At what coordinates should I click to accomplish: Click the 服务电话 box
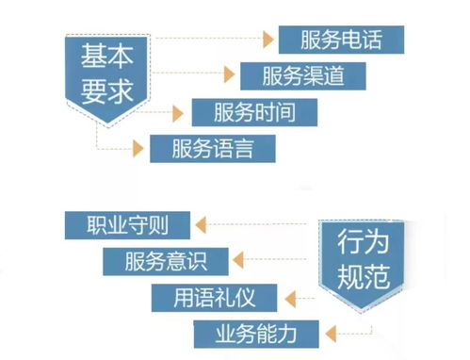(x=341, y=40)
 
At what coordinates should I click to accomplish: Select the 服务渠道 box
(x=302, y=75)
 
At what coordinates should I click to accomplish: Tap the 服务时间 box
(x=255, y=112)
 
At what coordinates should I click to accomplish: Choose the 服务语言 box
(x=212, y=148)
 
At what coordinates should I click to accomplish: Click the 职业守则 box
(x=128, y=225)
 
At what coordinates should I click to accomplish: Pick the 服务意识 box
(x=166, y=260)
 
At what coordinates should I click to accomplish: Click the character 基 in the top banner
(x=89, y=56)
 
